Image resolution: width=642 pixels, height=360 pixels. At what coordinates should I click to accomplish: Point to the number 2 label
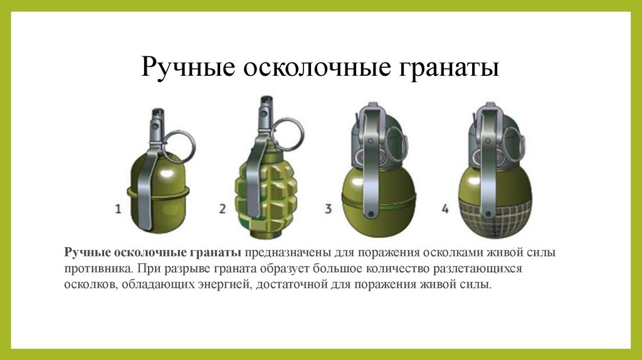pos(221,208)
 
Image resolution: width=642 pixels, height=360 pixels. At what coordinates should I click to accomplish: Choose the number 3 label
pos(328,208)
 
